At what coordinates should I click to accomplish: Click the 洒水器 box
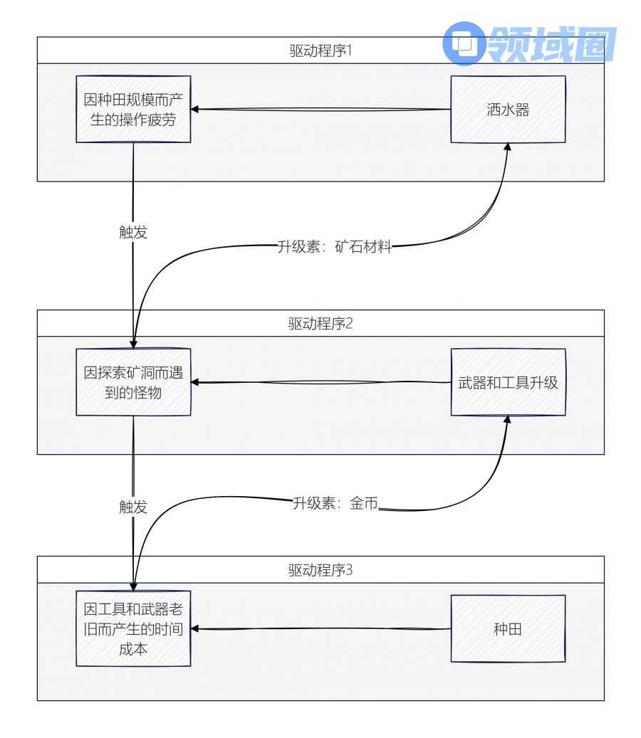pos(508,110)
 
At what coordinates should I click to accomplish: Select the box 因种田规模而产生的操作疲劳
pos(133,110)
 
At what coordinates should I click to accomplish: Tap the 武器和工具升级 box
pos(508,382)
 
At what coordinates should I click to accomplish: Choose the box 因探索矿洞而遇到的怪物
pos(133,382)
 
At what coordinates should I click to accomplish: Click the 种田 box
pos(508,629)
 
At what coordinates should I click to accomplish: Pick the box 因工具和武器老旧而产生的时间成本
pos(133,629)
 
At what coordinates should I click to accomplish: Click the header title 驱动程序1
pos(320,52)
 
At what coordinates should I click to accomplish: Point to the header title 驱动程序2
pos(320,324)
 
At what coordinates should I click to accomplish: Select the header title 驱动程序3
pos(320,571)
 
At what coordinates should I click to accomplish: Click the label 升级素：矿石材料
pos(334,248)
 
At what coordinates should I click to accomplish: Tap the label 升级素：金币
pos(335,503)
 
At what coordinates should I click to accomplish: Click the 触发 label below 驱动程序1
pos(133,232)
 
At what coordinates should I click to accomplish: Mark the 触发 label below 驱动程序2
pos(133,507)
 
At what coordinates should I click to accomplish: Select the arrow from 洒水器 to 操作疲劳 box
pos(320,110)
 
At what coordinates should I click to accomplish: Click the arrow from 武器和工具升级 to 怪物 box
pos(320,383)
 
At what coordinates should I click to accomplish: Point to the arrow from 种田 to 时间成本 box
pos(320,629)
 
